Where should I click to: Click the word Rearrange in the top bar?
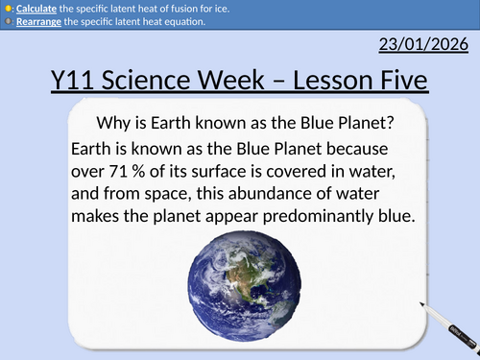(32, 21)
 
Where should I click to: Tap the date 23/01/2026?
(423, 44)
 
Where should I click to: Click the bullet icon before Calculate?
(6, 8)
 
